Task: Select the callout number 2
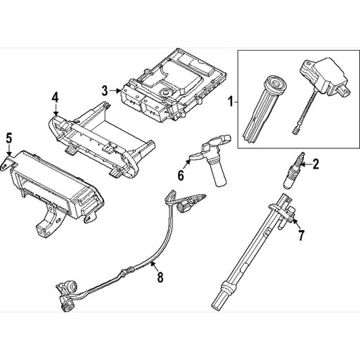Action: coord(316,165)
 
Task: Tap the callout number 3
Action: coord(104,90)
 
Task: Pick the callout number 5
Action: coord(8,137)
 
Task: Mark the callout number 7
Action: coord(301,233)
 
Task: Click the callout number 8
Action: coord(160,277)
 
